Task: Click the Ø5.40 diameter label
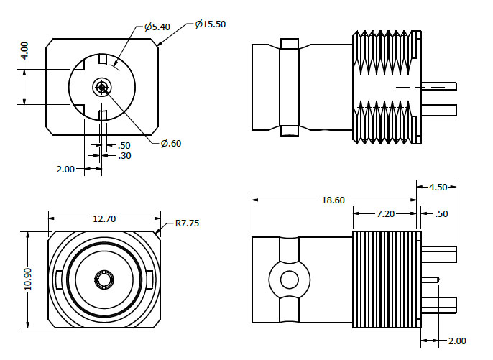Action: (157, 27)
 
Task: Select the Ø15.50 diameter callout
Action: (211, 24)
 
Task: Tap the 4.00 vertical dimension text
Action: (24, 50)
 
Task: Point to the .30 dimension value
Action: (124, 156)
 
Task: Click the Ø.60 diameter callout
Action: (171, 143)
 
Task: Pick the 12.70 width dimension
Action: (105, 218)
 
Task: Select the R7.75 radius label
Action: (187, 223)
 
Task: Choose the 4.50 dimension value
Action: (438, 187)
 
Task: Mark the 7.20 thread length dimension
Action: (385, 214)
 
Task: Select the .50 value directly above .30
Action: (124, 146)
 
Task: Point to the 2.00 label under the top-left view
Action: (65, 170)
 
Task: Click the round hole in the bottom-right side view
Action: (289, 279)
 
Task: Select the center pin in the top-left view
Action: (101, 88)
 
